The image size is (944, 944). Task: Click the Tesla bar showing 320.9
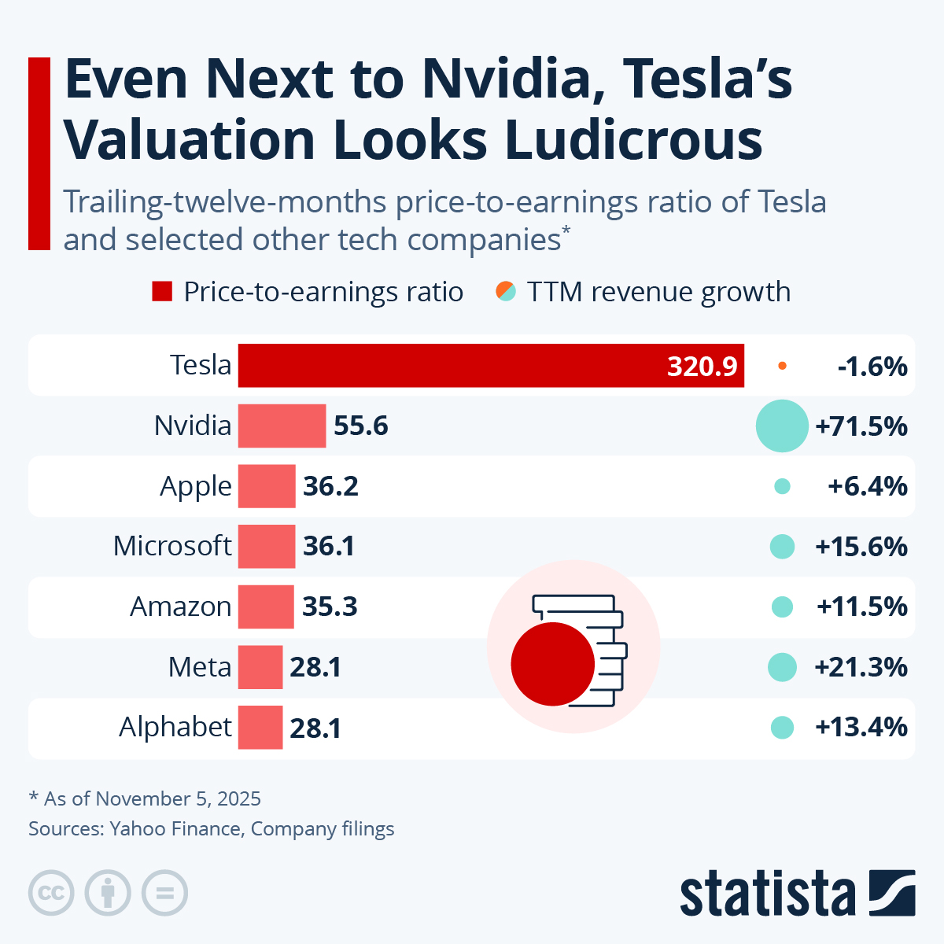(491, 366)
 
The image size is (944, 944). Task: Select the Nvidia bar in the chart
(282, 426)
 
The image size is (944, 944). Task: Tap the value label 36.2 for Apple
(330, 486)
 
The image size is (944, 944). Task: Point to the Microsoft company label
(172, 546)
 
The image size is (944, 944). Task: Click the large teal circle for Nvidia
(782, 426)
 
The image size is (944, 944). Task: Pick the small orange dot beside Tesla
(782, 366)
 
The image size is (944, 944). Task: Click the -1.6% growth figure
(872, 367)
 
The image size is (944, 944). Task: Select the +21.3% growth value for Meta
(861, 667)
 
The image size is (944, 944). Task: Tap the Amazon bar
(266, 607)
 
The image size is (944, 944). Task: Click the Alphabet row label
(175, 727)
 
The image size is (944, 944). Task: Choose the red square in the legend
(162, 292)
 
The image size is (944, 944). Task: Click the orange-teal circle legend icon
(506, 292)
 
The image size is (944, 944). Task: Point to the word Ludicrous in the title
(634, 140)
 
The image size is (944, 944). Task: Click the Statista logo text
(767, 894)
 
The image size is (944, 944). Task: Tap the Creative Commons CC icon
(52, 894)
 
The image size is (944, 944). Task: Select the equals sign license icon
(164, 894)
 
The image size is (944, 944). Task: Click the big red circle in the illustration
(552, 664)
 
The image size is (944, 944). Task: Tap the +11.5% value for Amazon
(862, 607)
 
